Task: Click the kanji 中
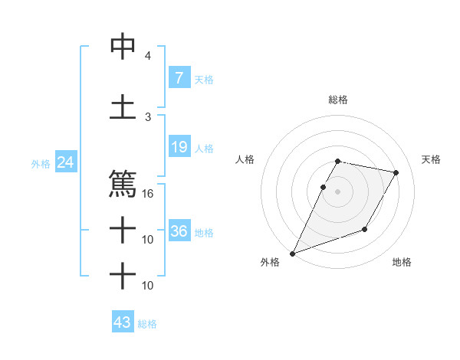(123, 47)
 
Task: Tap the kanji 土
(123, 106)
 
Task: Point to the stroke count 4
(147, 56)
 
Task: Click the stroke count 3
(147, 116)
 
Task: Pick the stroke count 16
(148, 194)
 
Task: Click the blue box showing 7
(179, 77)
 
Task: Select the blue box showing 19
(179, 147)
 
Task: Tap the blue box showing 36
(179, 231)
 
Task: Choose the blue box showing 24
(65, 162)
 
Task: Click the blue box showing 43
(123, 322)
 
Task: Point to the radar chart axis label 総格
(338, 100)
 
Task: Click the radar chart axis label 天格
(432, 159)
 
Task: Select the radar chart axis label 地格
(402, 263)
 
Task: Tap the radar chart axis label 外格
(270, 263)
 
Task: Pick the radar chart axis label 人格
(245, 159)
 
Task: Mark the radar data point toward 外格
(292, 253)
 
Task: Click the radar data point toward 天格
(396, 173)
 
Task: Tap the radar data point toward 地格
(365, 229)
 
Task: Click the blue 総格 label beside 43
(147, 324)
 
